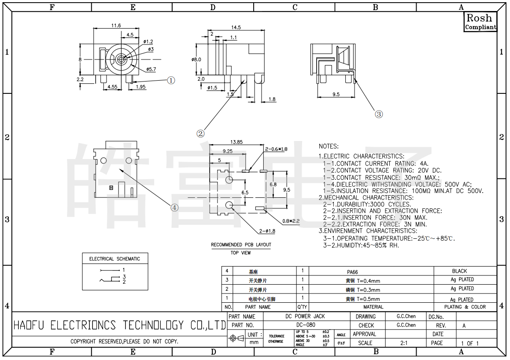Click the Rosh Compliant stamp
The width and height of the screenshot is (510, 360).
(x=480, y=22)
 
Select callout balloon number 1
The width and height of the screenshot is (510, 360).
(x=171, y=80)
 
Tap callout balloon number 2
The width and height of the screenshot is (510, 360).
(x=200, y=133)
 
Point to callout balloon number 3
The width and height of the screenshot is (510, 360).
(x=379, y=114)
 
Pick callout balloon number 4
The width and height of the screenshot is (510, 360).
(x=175, y=208)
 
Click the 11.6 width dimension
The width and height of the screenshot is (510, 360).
(x=116, y=26)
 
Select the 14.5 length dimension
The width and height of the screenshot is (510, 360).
(x=236, y=27)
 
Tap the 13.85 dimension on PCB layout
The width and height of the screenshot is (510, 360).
(x=237, y=142)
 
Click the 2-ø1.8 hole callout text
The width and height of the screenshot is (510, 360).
(x=267, y=231)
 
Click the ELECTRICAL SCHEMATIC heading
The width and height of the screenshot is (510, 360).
(x=115, y=259)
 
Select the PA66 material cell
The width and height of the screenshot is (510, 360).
(x=352, y=272)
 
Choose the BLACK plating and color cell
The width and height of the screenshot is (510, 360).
(x=459, y=271)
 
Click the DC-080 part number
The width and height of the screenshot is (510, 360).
(x=306, y=325)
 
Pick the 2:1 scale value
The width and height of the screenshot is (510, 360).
(x=404, y=343)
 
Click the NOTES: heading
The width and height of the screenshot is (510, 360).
(x=329, y=146)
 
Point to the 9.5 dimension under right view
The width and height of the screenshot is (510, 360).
(x=336, y=94)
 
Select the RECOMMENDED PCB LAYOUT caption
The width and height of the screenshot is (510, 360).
(x=241, y=245)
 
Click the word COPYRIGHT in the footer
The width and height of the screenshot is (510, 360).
(x=83, y=341)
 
